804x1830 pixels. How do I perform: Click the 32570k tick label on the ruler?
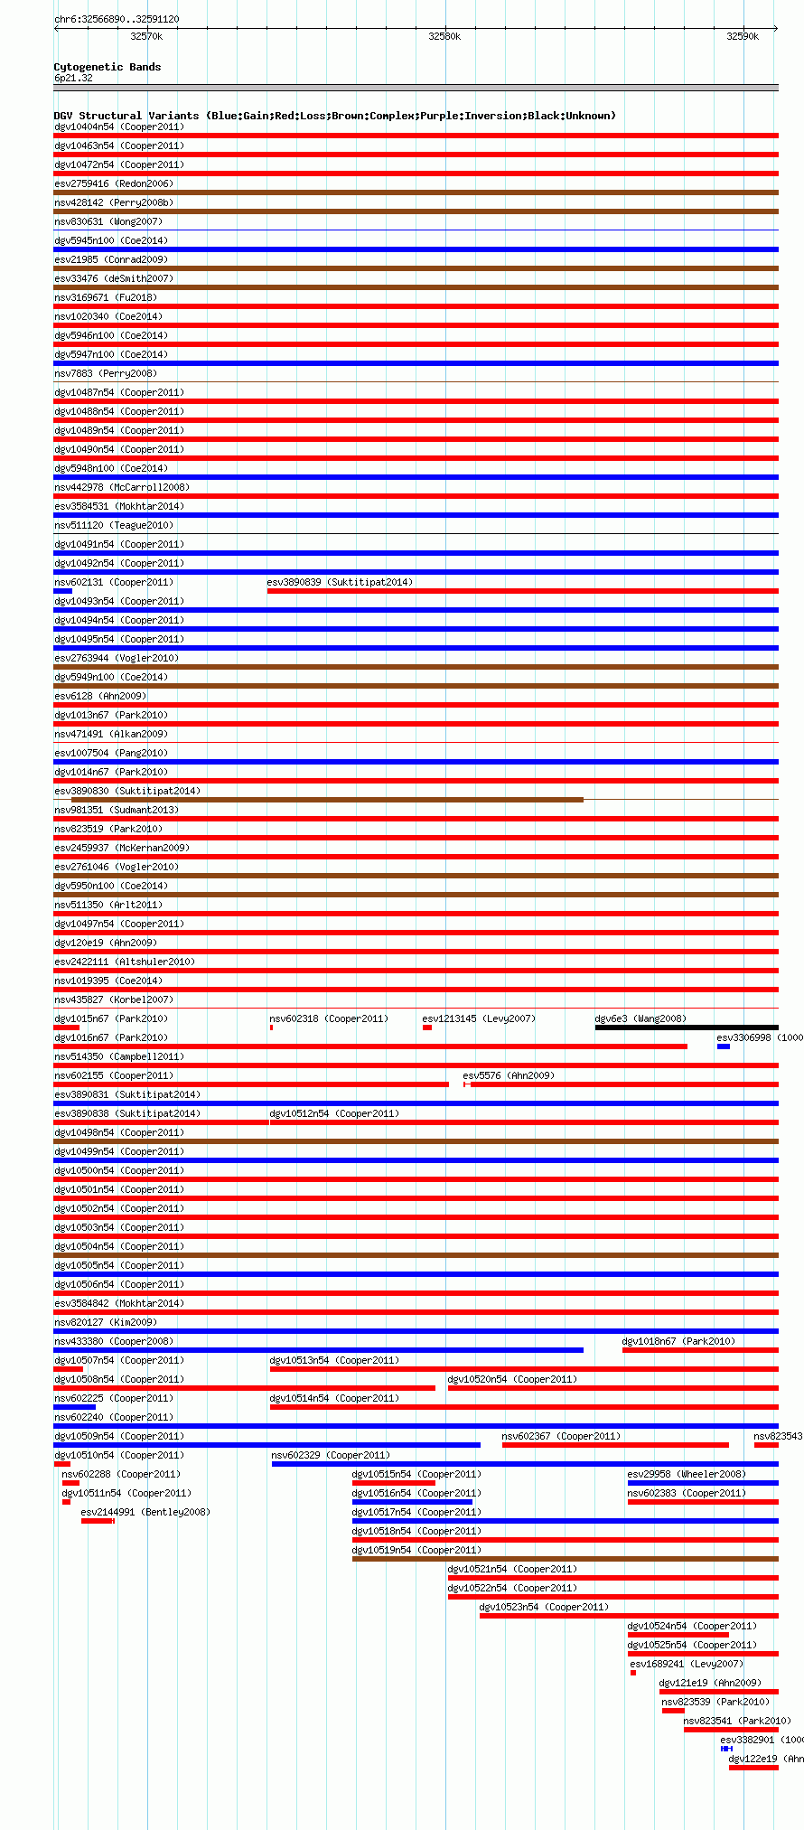click(x=146, y=36)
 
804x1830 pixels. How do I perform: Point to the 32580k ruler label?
click(x=444, y=36)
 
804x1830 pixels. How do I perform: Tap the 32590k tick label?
click(x=743, y=36)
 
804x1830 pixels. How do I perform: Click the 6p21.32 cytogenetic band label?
click(x=73, y=78)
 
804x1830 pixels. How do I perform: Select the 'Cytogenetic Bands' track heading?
click(x=107, y=67)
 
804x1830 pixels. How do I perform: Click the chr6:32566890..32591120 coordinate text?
click(x=117, y=19)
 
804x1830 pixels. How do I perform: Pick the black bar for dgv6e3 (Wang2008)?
click(x=686, y=1028)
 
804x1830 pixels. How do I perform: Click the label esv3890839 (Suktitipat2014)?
click(x=340, y=582)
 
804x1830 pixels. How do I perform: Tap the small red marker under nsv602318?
click(x=271, y=1028)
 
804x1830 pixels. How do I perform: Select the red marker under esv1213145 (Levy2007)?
click(x=427, y=1028)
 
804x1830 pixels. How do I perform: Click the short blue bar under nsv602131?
click(x=62, y=591)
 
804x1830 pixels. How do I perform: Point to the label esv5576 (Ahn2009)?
click(x=509, y=1075)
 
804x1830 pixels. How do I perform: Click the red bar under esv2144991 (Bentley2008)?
click(x=97, y=1521)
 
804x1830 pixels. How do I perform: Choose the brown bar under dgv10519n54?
click(x=565, y=1559)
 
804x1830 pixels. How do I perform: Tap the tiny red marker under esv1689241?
click(x=633, y=1673)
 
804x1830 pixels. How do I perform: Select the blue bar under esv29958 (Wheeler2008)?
click(x=702, y=1483)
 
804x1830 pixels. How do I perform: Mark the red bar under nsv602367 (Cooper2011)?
click(x=615, y=1445)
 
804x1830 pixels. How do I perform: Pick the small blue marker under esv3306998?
click(x=724, y=1046)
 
